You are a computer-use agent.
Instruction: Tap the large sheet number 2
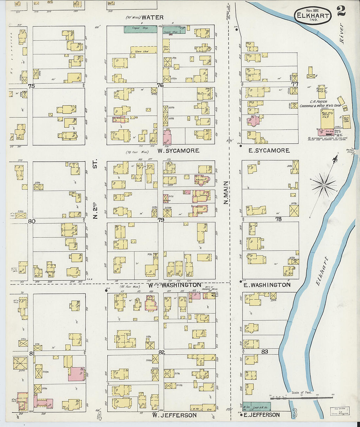coord(341,11)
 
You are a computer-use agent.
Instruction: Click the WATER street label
coord(152,17)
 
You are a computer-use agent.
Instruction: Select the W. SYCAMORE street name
coord(178,151)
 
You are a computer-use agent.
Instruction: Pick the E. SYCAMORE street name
coord(269,151)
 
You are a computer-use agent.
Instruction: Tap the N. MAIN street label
coord(226,193)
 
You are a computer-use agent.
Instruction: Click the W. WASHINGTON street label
coord(174,285)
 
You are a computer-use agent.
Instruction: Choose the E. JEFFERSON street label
coord(261,415)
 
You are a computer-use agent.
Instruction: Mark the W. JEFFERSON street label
coord(174,415)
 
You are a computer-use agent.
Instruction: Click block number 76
coord(160,85)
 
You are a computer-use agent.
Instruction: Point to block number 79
coord(161,220)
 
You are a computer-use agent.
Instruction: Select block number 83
coord(264,352)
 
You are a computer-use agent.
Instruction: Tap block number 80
coord(31,221)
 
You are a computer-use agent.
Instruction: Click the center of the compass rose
coord(324,185)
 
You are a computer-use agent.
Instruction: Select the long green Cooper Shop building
coord(140,29)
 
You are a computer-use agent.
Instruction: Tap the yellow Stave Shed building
coord(144,50)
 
